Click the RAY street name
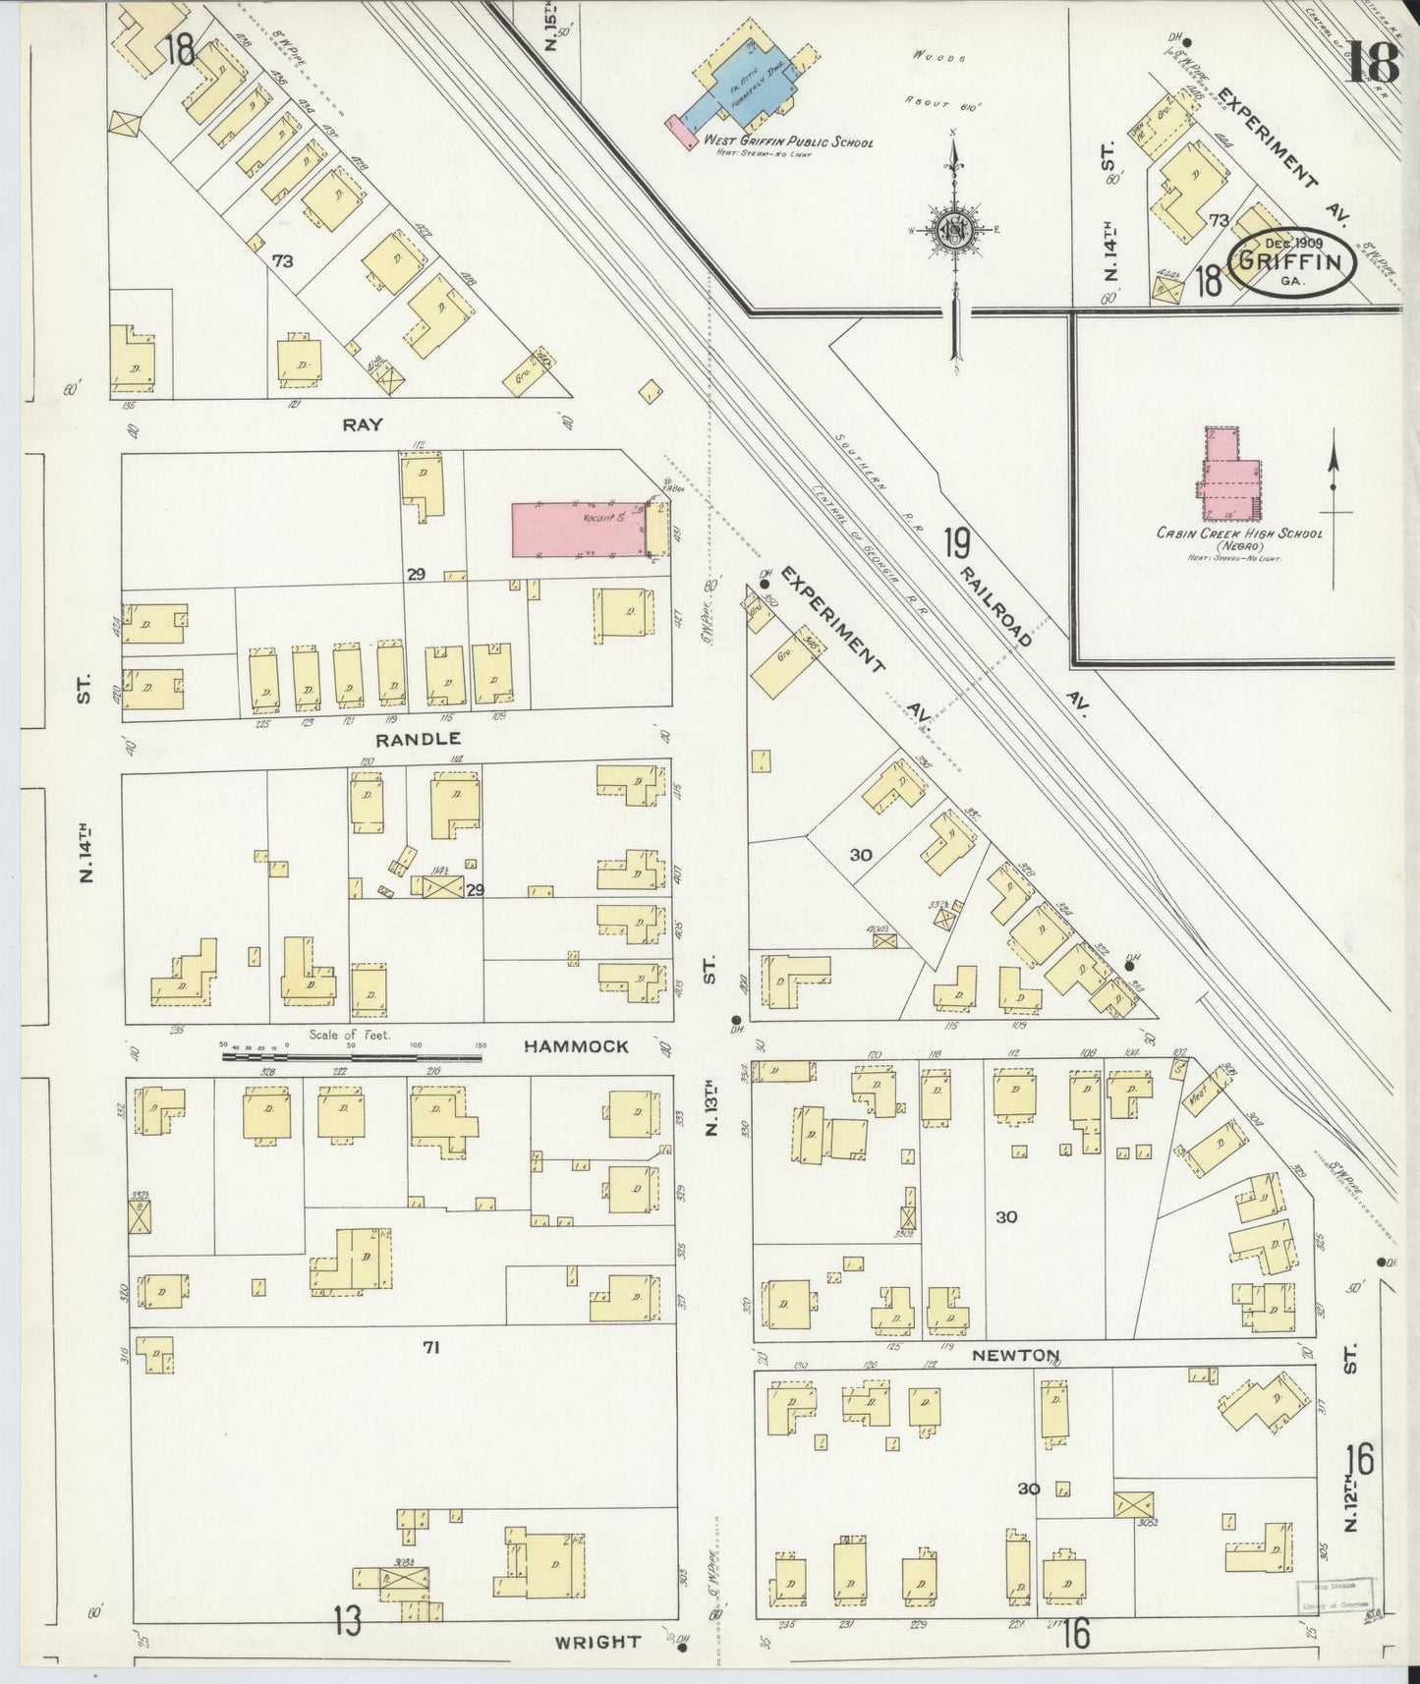click(362, 424)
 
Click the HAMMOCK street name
click(575, 1046)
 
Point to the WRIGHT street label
click(597, 1641)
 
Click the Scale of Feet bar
click(351, 1056)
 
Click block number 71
click(430, 1348)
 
